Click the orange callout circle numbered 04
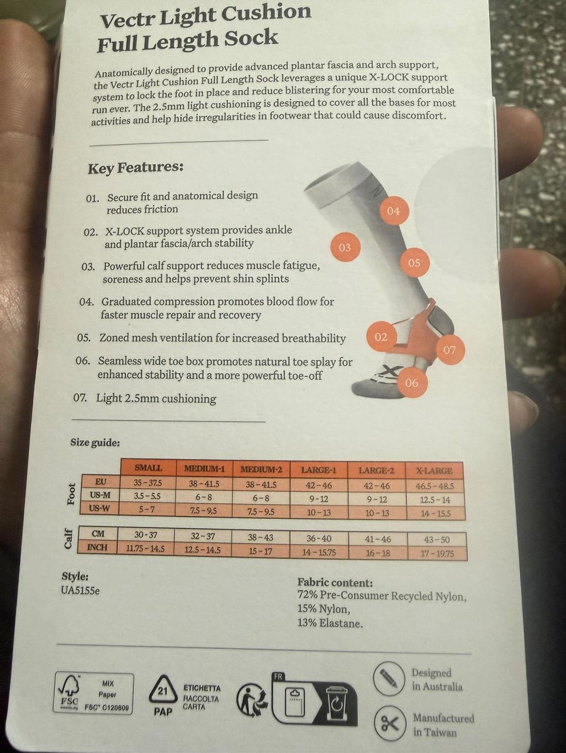393,211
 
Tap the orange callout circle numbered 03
345,247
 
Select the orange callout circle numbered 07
449,350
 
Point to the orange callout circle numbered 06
412,382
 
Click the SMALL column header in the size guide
148,468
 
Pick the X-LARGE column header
434,470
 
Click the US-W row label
100,508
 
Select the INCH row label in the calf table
98,547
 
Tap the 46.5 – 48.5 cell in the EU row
435,486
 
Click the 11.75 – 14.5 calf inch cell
145,549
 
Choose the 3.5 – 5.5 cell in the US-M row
147,496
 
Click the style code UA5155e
80,591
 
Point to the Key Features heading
135,168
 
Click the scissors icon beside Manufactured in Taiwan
390,723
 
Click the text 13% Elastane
330,623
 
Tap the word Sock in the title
251,38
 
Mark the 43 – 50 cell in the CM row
436,540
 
